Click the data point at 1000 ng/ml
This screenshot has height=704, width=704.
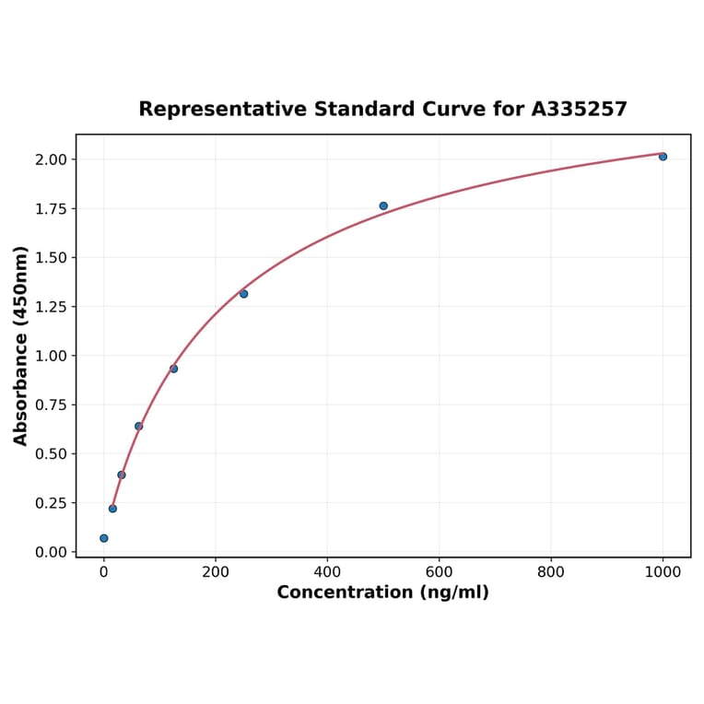pos(663,157)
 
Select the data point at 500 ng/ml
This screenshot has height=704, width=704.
pos(383,205)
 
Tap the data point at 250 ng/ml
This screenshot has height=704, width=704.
pos(243,294)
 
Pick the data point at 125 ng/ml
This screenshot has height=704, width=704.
pos(173,369)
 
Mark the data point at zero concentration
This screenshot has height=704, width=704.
pos(104,538)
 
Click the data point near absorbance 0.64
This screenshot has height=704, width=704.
pos(138,426)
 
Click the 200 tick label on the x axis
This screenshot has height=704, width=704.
pos(216,571)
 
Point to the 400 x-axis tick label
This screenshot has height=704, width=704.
pos(327,571)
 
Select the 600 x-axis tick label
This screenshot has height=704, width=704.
pos(440,571)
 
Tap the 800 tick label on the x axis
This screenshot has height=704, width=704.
pos(551,571)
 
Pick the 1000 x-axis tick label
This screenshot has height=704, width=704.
pos(663,571)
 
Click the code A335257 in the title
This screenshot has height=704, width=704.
pos(580,110)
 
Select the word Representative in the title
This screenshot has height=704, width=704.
pos(223,110)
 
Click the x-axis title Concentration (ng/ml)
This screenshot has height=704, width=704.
pos(383,593)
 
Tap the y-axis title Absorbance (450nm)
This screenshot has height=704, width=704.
pos(21,346)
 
